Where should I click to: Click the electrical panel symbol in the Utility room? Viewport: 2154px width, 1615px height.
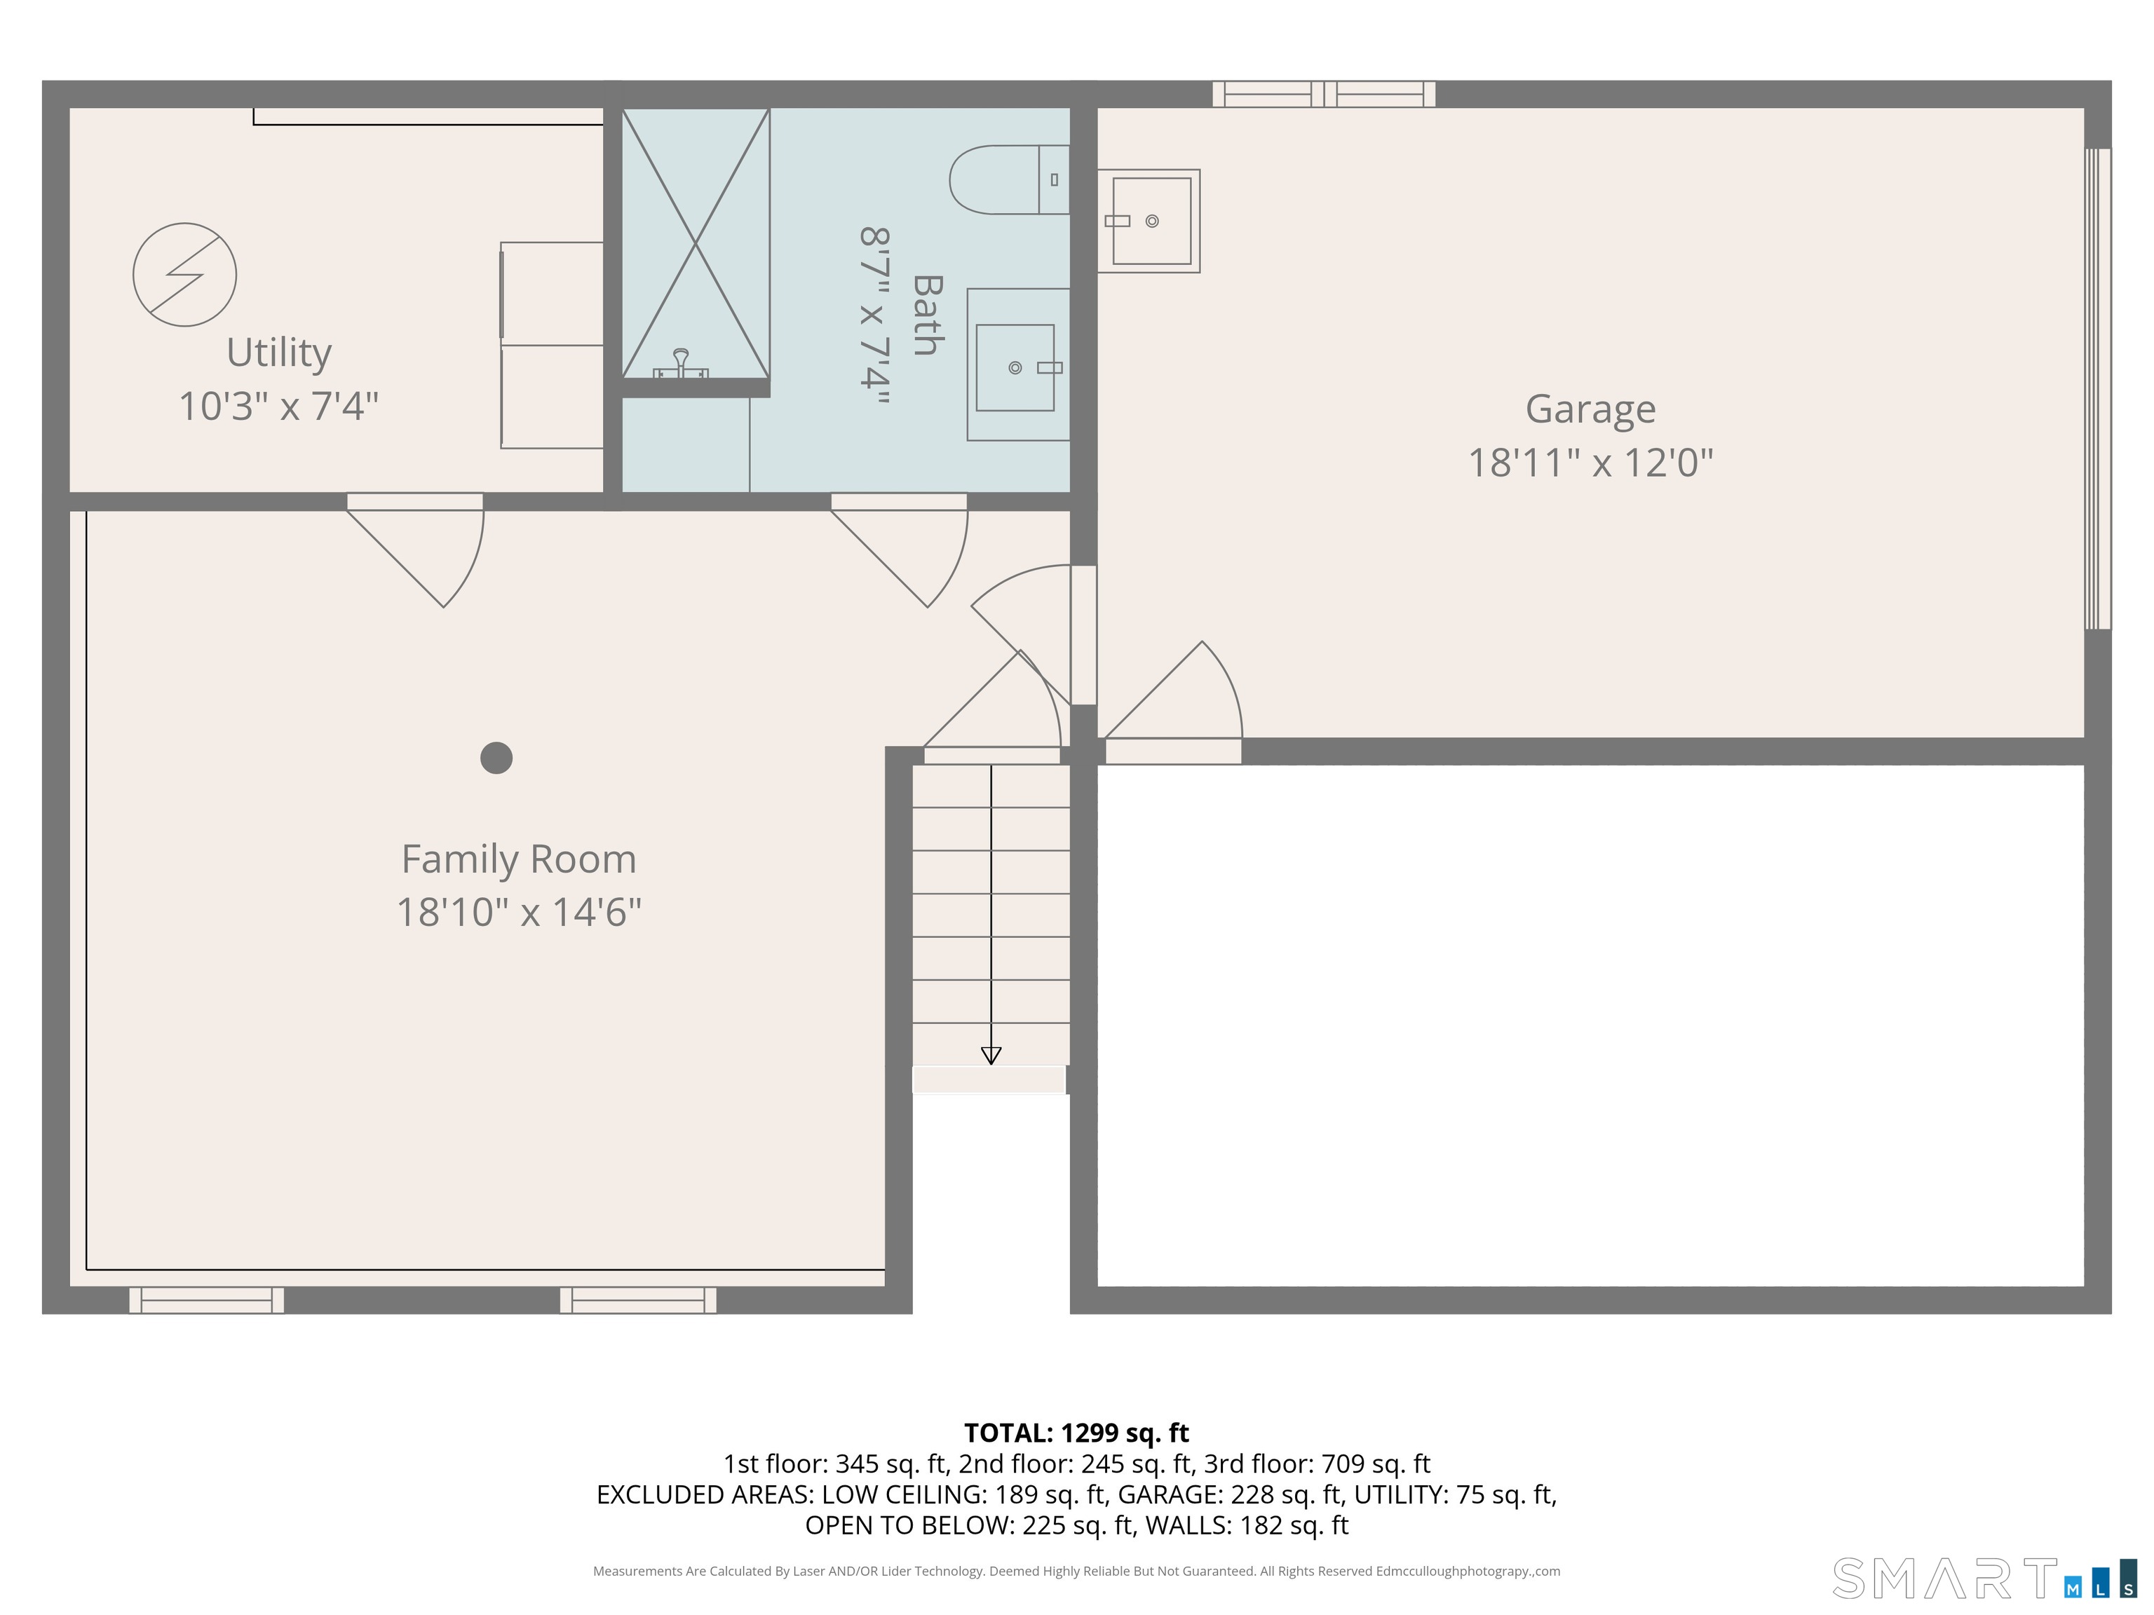[184, 275]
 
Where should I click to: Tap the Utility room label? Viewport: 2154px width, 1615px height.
[278, 353]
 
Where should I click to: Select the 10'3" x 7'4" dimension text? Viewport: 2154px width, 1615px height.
[278, 406]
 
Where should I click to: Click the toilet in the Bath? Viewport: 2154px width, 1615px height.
[1008, 180]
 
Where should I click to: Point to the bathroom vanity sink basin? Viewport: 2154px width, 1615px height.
[1015, 368]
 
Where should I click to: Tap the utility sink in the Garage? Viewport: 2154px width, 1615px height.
[1150, 221]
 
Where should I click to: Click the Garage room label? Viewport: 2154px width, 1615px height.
[1590, 409]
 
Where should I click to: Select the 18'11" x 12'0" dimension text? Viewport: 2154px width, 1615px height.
[1590, 463]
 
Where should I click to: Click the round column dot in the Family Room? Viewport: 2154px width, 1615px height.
[496, 757]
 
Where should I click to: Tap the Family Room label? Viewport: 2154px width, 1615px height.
[518, 859]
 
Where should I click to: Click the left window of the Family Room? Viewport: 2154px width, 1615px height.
[206, 1300]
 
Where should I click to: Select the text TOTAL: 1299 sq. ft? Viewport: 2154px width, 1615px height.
[1076, 1433]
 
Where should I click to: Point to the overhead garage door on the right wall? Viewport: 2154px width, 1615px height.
[2097, 390]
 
